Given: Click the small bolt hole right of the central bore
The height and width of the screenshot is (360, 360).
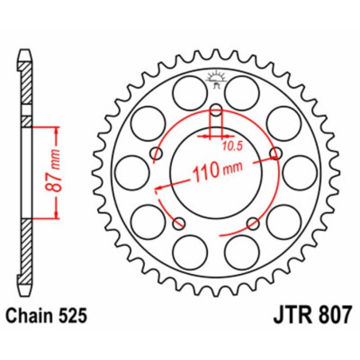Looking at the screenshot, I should [x=276, y=153].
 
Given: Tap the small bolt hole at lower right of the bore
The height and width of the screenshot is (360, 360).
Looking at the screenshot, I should [x=252, y=221].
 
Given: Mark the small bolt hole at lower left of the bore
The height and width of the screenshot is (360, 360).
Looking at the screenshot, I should [x=178, y=221].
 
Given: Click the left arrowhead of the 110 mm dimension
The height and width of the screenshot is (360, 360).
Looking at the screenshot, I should [x=158, y=189].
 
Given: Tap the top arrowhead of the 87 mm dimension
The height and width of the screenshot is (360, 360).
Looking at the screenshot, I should [x=57, y=127].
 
